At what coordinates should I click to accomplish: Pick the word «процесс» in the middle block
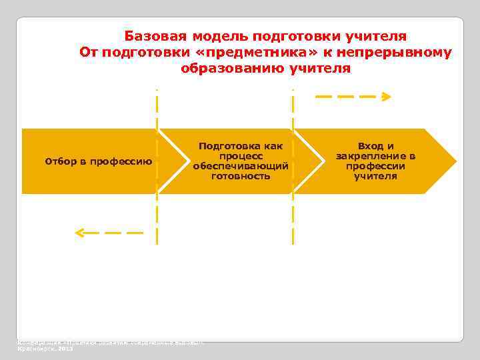click(x=240, y=155)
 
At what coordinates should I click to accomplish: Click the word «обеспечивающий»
click(x=240, y=166)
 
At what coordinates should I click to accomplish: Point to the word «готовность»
click(x=240, y=176)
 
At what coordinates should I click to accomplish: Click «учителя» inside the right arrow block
click(x=375, y=176)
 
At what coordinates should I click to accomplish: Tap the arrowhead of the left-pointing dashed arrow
click(x=79, y=233)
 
